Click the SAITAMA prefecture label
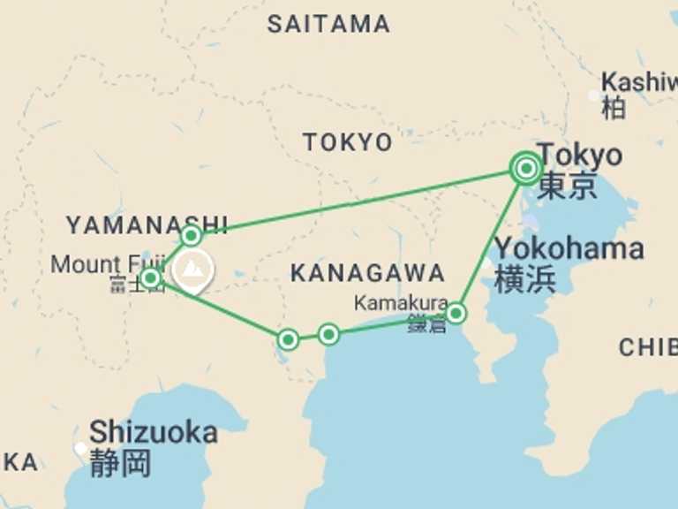(x=328, y=24)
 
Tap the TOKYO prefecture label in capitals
(x=348, y=141)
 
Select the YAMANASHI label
(x=147, y=225)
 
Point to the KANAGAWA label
(x=367, y=273)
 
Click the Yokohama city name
(x=569, y=248)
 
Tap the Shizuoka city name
(x=153, y=432)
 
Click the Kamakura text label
(x=401, y=303)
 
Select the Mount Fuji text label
(x=107, y=263)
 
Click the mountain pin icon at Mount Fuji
(x=192, y=270)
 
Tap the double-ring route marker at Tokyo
(x=526, y=168)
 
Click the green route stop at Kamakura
(x=456, y=313)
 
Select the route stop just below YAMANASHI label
(x=192, y=236)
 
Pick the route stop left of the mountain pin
(x=150, y=279)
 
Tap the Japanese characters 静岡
(x=120, y=463)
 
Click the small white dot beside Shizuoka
(x=80, y=448)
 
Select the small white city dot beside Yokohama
(x=487, y=262)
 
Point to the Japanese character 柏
(x=614, y=107)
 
